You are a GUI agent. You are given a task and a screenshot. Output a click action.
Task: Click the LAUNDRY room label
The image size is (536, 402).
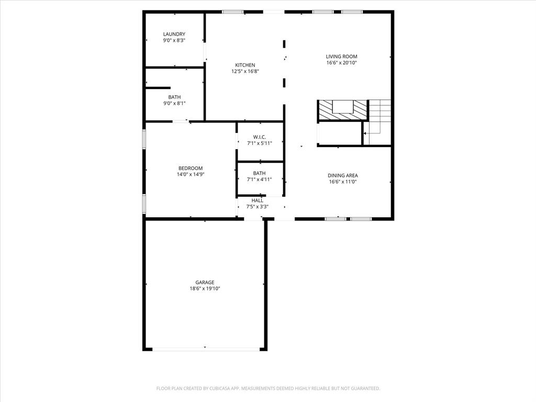(x=174, y=34)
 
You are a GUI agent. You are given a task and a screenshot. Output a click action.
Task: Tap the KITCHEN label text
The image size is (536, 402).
(x=245, y=65)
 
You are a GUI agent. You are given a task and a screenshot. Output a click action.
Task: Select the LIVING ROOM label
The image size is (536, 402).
(x=341, y=57)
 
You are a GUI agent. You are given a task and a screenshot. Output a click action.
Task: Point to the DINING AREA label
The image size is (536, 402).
(x=343, y=175)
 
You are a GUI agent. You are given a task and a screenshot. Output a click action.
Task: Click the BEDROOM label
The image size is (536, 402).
(x=190, y=168)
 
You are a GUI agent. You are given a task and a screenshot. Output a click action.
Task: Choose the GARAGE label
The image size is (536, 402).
(x=205, y=282)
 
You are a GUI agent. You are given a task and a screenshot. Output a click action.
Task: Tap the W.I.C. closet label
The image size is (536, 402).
(x=260, y=137)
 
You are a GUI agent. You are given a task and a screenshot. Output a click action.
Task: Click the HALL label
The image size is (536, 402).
(x=257, y=200)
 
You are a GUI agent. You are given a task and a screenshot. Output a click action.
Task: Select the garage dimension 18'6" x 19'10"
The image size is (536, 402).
(x=205, y=288)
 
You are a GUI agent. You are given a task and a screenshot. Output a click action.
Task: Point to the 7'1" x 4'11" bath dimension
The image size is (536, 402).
(x=260, y=180)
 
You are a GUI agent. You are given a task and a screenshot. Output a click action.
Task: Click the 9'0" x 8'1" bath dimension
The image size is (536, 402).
(x=174, y=103)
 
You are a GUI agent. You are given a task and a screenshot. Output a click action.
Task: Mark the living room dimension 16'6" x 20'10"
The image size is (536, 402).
(x=341, y=63)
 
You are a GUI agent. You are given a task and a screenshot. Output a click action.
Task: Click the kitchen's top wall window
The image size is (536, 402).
(x=232, y=12)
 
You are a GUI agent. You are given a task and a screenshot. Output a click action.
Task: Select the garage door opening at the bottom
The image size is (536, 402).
(x=205, y=349)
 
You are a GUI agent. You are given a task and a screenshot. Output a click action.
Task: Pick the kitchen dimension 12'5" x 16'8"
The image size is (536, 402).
(x=245, y=71)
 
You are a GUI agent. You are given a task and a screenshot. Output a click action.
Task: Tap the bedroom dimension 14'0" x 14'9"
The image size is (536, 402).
(x=190, y=174)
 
